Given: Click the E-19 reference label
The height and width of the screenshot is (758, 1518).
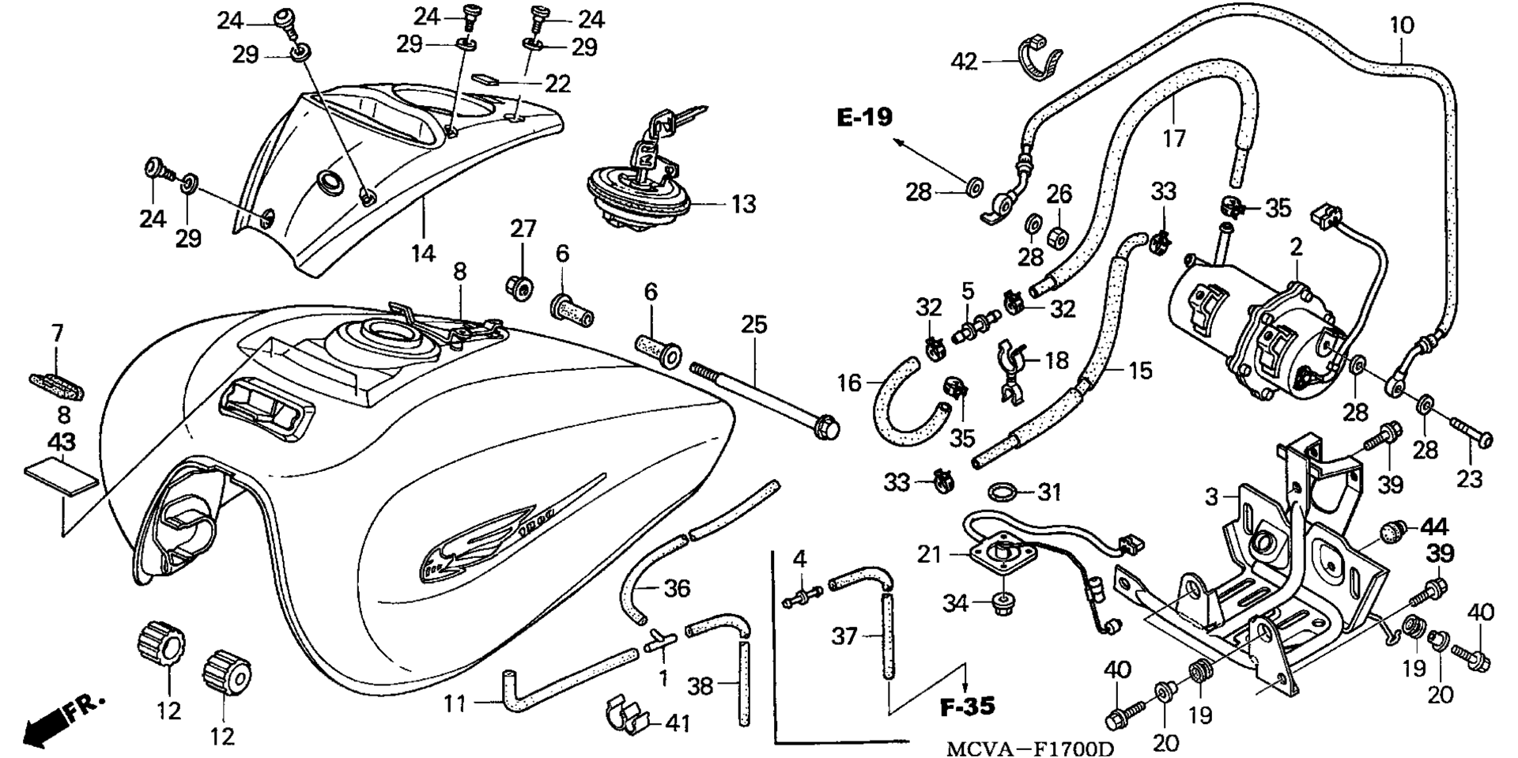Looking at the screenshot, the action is coord(864,118).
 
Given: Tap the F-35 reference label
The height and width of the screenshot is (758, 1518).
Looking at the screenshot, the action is coord(967,706).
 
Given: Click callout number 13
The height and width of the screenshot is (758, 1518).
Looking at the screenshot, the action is coord(743,204).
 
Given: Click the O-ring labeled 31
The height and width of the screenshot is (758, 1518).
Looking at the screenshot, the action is coord(1003,491).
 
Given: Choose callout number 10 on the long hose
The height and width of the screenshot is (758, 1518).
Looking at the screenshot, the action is coord(1401,25).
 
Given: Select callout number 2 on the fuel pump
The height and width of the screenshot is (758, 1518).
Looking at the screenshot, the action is coord(1297,247).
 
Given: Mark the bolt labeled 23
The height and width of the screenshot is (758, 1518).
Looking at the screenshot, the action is coord(1471,432).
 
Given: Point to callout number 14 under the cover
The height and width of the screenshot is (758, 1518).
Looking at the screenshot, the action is coord(423,254).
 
